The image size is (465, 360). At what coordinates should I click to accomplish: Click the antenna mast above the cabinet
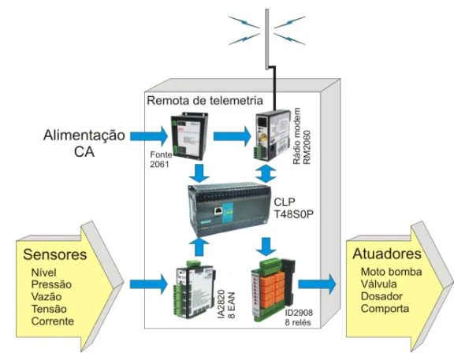[x=267, y=39]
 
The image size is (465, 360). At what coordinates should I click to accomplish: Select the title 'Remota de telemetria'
[x=205, y=101]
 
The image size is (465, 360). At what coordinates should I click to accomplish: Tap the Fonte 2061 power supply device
[x=189, y=136]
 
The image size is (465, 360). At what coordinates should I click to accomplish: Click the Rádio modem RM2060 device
[x=273, y=135]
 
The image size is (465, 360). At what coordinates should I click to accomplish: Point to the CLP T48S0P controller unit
[x=229, y=210]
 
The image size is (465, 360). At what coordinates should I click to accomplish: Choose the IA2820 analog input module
[x=195, y=289]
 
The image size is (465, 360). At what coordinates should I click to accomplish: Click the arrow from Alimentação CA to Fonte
[x=149, y=136]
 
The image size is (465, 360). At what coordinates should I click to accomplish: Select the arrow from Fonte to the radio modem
[x=232, y=136]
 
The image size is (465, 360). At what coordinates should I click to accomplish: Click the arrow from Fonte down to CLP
[x=199, y=173]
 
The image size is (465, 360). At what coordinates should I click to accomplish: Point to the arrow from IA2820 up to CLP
[x=199, y=247]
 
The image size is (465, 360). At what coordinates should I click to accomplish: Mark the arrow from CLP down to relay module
[x=266, y=247]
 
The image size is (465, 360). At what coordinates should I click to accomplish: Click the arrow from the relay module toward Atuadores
[x=317, y=284]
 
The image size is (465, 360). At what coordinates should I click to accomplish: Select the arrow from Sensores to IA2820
[x=149, y=284]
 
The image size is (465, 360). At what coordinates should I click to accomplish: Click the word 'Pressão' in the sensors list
[x=51, y=284]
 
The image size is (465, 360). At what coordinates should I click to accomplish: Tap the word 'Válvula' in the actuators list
[x=379, y=284]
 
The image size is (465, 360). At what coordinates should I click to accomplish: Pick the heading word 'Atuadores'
[x=387, y=254]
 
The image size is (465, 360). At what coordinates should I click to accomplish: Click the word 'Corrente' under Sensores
[x=53, y=321]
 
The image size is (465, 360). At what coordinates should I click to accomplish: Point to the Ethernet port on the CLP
[x=218, y=211]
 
